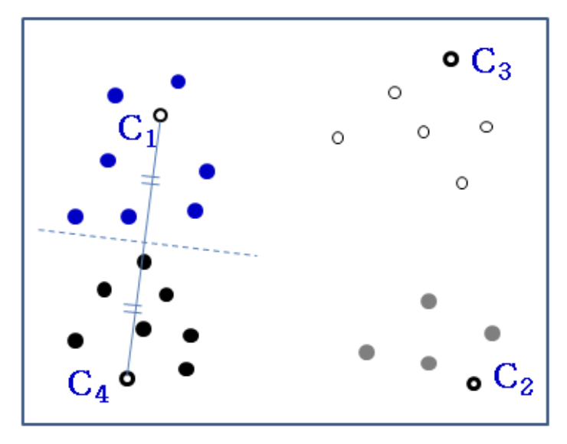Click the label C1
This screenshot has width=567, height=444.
tap(137, 129)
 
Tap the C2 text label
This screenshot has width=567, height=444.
tap(513, 378)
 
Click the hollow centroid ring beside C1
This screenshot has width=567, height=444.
tap(160, 115)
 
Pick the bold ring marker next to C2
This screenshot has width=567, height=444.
tap(474, 384)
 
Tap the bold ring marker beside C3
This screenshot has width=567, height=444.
tap(451, 58)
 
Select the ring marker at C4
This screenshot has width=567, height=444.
tap(127, 378)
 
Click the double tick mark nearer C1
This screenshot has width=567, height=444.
tap(151, 181)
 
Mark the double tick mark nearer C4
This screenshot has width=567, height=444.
tap(133, 309)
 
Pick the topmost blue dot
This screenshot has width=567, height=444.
tap(179, 81)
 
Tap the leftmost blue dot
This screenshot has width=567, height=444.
tap(75, 217)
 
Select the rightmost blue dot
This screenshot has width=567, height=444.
tap(207, 171)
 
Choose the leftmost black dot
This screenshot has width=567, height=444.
tap(75, 341)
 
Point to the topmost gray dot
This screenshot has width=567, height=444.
tap(429, 302)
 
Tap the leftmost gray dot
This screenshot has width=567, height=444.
tap(366, 352)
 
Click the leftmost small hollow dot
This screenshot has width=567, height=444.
tap(338, 138)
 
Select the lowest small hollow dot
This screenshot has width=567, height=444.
tap(462, 183)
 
